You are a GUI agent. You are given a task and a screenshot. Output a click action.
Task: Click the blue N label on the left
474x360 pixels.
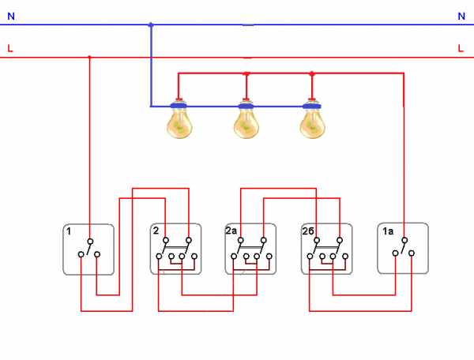pyautogui.click(x=11, y=16)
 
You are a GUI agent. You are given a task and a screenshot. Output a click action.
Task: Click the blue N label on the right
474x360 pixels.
pyautogui.click(x=461, y=16)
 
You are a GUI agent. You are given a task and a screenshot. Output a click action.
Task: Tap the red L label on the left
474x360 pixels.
pyautogui.click(x=10, y=48)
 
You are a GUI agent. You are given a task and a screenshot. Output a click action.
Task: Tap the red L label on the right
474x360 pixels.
pyautogui.click(x=461, y=48)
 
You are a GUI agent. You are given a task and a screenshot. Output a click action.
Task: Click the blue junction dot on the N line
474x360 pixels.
pyautogui.click(x=151, y=24)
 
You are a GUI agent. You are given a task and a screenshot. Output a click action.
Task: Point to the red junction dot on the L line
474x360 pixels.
pyautogui.click(x=89, y=57)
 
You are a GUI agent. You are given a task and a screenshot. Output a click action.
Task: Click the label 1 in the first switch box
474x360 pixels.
pyautogui.click(x=69, y=231)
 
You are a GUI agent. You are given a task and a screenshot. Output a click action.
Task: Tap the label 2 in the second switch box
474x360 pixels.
pyautogui.click(x=156, y=231)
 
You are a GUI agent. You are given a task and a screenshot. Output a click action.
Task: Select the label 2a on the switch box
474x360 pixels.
pyautogui.click(x=231, y=231)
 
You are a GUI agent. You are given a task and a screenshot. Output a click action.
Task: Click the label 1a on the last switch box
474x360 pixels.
pyautogui.click(x=388, y=231)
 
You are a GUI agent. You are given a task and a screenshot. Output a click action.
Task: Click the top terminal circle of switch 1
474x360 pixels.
pyautogui.click(x=90, y=242)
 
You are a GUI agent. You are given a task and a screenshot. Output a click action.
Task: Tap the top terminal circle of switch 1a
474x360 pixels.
pyautogui.click(x=404, y=241)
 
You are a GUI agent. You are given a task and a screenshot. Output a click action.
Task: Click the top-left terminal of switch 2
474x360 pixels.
pyautogui.click(x=166, y=241)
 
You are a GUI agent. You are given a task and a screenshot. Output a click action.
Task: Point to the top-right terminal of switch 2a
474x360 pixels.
pyautogui.click(x=264, y=241)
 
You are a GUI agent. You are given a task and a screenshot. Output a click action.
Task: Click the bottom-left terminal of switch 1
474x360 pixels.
pyautogui.click(x=81, y=254)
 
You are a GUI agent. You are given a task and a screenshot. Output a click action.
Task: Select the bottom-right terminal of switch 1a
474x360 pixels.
pyautogui.click(x=412, y=253)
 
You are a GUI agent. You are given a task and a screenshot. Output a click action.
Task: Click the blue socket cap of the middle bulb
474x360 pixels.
pyautogui.click(x=246, y=106)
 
